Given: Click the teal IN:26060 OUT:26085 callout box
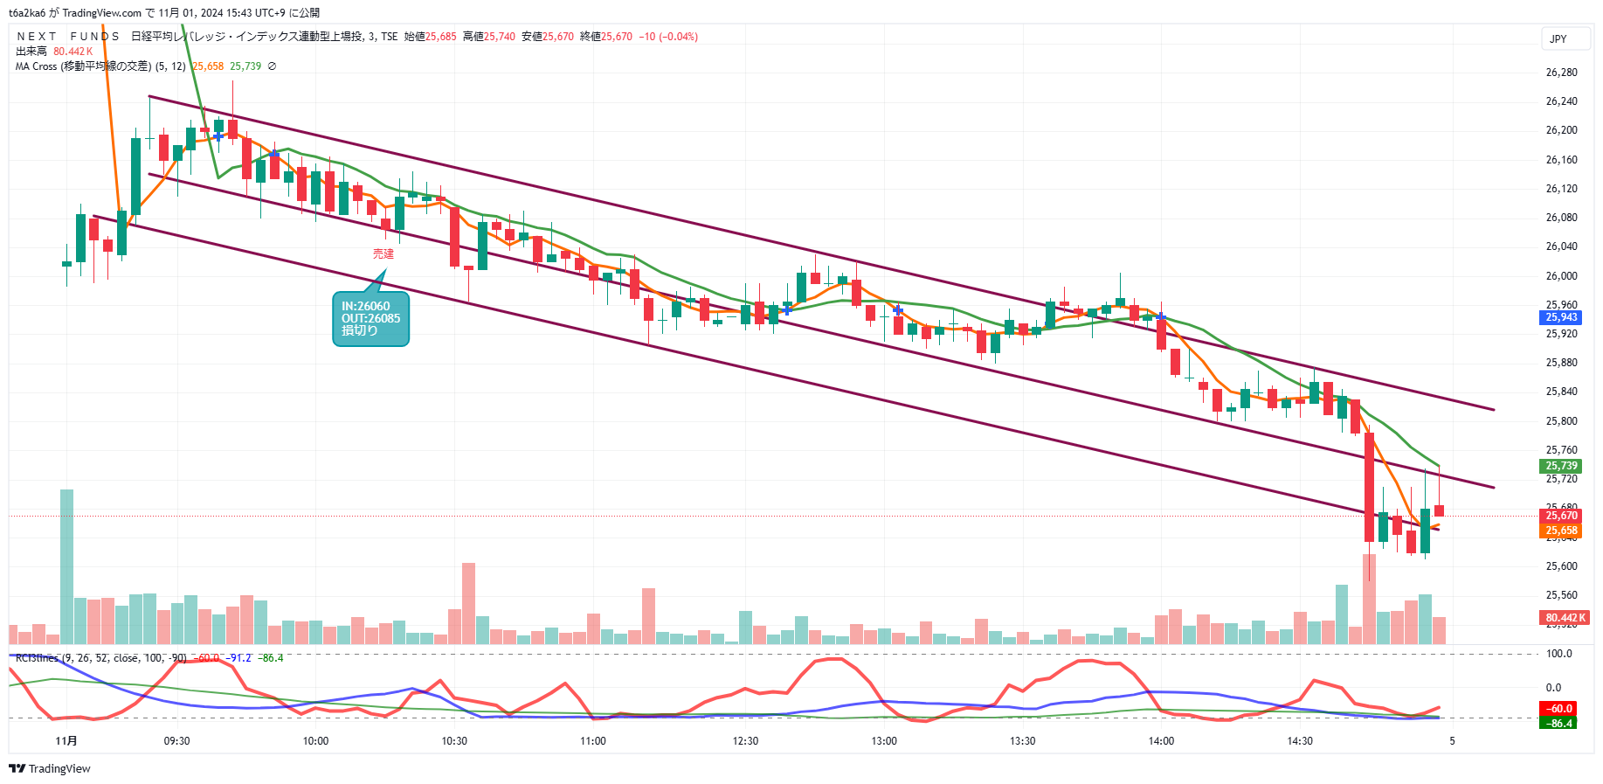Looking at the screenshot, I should point(370,319).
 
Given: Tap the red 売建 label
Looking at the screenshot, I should point(383,253).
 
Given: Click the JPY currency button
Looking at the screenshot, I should point(1558,39).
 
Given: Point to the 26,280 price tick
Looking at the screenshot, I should point(1561,73).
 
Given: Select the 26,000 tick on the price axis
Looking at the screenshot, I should point(1561,276).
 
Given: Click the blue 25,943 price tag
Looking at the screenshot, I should point(1561,317).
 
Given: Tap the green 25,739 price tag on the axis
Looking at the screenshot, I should point(1561,466).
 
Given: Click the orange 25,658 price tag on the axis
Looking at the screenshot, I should point(1561,531).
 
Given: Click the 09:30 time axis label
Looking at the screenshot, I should point(176,741).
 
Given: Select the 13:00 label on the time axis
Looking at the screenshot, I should point(884,741).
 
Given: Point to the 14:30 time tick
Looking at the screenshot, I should point(1300,741).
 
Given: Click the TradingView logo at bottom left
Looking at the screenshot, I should point(50,769).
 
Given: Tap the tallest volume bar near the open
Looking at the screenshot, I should point(67,566).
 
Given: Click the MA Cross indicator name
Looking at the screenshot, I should point(82,66).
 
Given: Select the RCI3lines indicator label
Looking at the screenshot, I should point(37,658).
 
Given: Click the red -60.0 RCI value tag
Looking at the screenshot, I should point(1560,709).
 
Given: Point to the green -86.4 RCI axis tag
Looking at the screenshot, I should point(1560,724).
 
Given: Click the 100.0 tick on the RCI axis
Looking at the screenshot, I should point(1558,654).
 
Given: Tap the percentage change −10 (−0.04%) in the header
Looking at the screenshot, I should point(668,37).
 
